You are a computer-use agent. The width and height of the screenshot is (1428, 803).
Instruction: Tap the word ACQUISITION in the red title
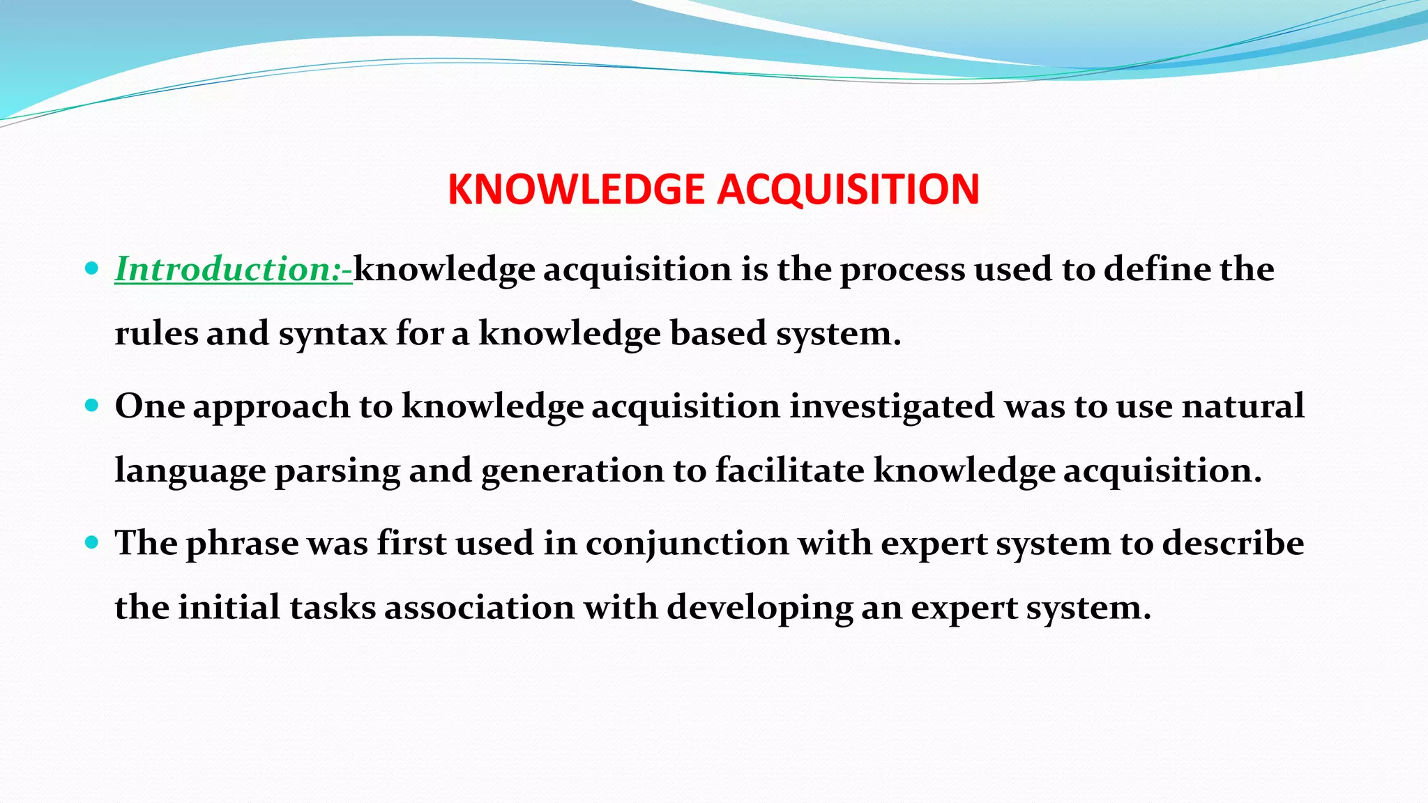(849, 190)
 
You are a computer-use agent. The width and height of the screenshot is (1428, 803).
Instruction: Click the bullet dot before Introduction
(91, 268)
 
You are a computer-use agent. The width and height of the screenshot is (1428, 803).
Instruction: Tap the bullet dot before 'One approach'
(91, 405)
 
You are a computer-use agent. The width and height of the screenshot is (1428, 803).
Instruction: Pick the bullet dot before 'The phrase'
(91, 542)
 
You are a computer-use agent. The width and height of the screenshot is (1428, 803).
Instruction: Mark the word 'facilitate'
(789, 471)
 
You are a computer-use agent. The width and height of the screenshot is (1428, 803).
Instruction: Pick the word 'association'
(479, 607)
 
